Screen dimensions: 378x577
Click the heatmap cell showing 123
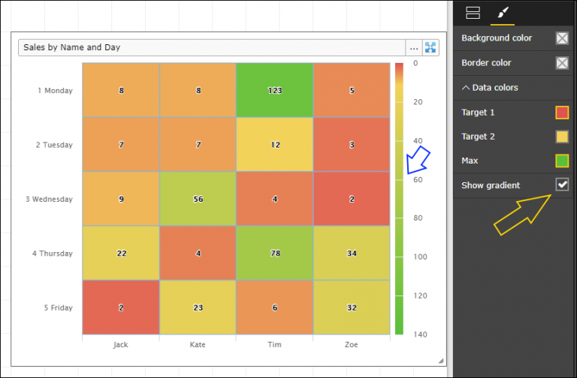click(x=274, y=90)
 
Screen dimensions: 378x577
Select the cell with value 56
click(x=198, y=199)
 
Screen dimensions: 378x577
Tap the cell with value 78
click(x=274, y=253)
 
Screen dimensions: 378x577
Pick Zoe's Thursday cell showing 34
click(x=352, y=253)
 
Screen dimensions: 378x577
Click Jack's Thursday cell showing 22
click(x=121, y=253)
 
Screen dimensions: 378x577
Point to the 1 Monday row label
click(x=55, y=91)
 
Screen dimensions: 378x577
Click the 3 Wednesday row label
click(x=52, y=199)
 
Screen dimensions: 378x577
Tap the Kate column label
click(x=198, y=345)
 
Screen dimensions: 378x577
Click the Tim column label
click(x=274, y=345)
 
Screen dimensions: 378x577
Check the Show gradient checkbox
click(x=562, y=184)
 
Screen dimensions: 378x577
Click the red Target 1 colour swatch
click(x=562, y=112)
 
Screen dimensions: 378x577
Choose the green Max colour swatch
click(x=562, y=160)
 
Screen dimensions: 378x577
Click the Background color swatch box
click(x=562, y=38)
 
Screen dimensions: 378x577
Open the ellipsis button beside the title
click(x=414, y=48)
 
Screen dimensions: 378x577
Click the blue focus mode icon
click(x=430, y=48)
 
